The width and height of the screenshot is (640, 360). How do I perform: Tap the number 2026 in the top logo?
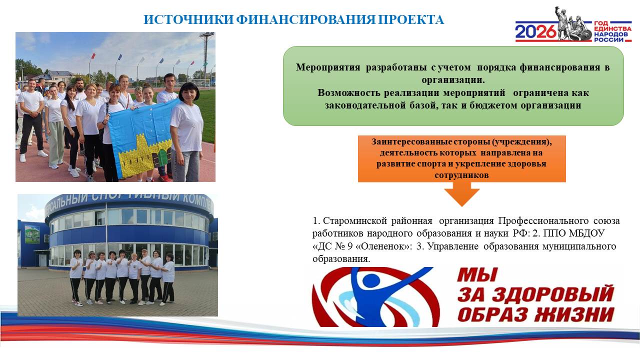tap(536, 32)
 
